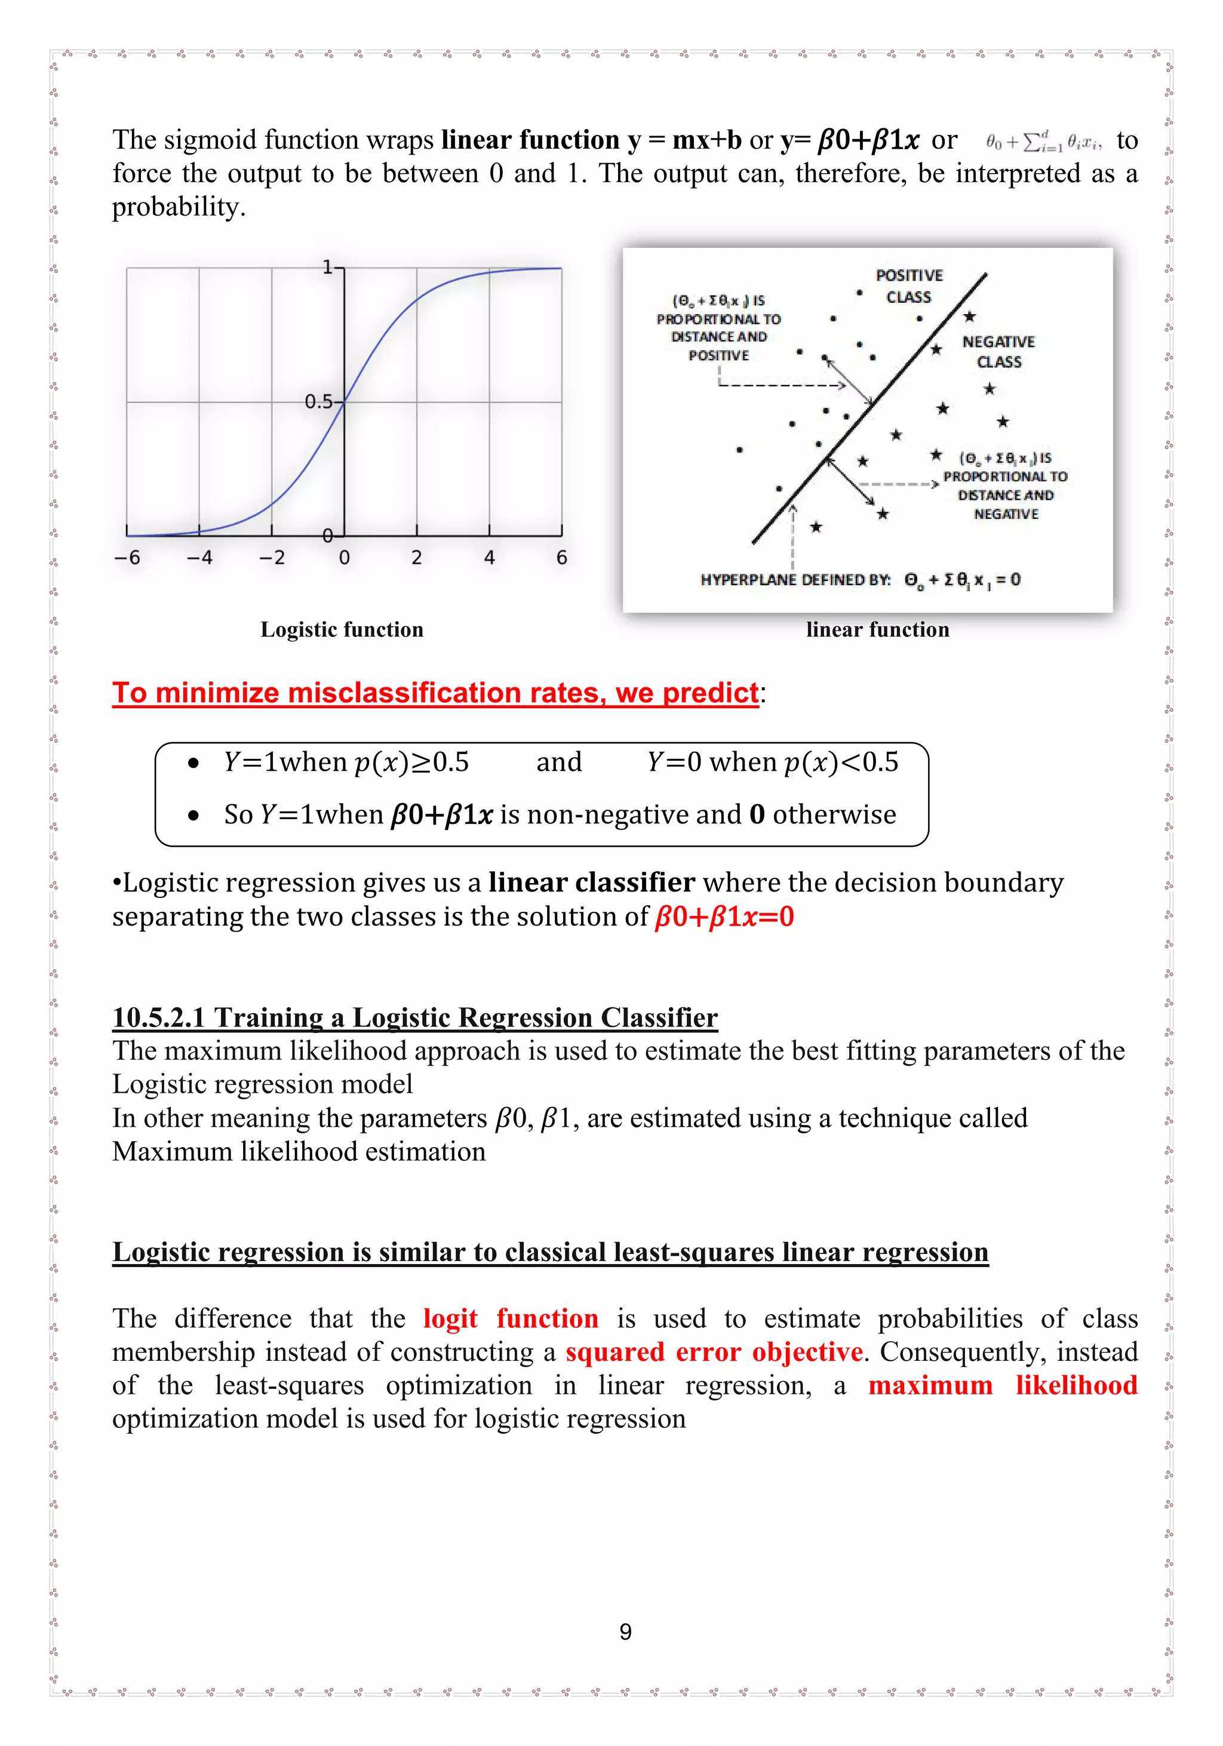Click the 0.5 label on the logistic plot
[x=319, y=401]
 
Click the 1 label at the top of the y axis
[x=327, y=267]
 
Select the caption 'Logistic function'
[x=342, y=629]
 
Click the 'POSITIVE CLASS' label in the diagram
[x=909, y=286]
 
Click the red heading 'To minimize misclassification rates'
[x=435, y=693]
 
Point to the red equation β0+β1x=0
[x=724, y=917]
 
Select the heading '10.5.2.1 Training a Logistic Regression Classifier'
[x=414, y=1018]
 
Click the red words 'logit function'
[x=511, y=1318]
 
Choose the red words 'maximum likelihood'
[x=1003, y=1385]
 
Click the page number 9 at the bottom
[x=625, y=1632]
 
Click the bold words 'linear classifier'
[x=591, y=882]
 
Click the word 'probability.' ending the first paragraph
[x=179, y=207]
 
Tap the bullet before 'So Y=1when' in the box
[x=194, y=816]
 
